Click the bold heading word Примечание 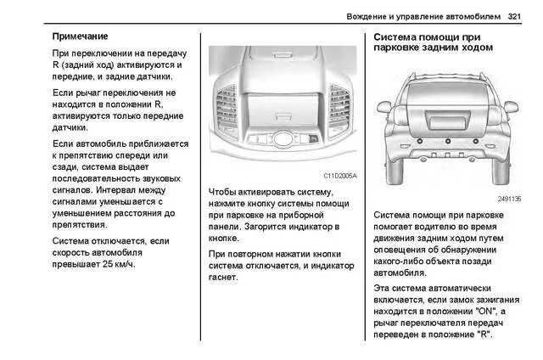tap(80, 37)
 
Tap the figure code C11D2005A tap(340, 176)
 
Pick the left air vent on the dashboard tap(227, 105)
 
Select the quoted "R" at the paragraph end tap(483, 335)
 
